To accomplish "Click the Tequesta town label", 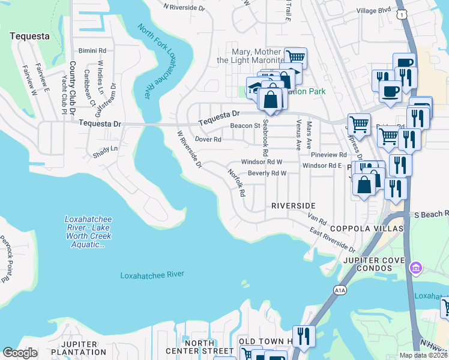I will point(29,36).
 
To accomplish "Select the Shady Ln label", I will point(105,148).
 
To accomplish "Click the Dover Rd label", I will point(209,139).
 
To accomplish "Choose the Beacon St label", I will point(244,126).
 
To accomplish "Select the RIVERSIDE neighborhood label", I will point(293,205).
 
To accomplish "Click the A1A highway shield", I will point(340,290).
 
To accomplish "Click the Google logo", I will point(20,353).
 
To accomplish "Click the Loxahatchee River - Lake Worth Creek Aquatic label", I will point(88,232).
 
